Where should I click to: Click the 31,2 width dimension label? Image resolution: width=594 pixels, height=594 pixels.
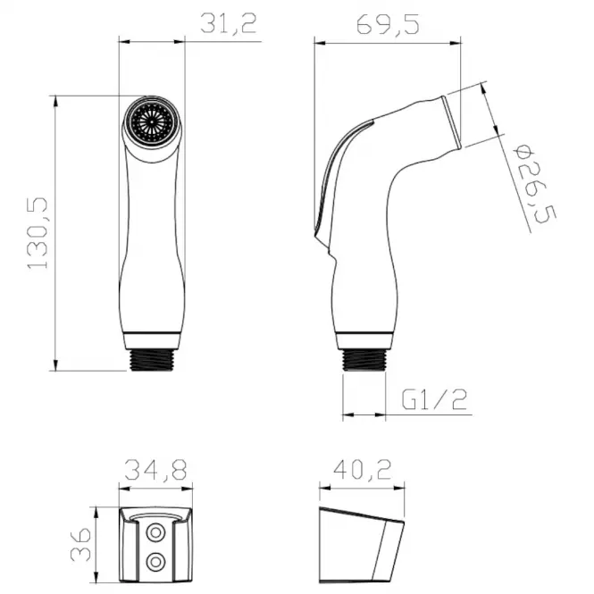click(229, 23)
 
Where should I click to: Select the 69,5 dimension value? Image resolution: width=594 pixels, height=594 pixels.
click(388, 25)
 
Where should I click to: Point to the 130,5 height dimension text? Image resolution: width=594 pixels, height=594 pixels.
click(38, 233)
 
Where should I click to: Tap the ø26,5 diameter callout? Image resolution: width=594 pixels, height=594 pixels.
click(534, 184)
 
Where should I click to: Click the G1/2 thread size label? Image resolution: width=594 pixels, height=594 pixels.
click(434, 399)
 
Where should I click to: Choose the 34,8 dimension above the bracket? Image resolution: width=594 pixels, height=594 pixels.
click(155, 470)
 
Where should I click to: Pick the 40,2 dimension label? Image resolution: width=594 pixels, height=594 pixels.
click(362, 469)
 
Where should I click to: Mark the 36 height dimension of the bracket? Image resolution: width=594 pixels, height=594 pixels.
click(80, 544)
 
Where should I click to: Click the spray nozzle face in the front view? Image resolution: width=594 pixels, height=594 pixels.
click(152, 122)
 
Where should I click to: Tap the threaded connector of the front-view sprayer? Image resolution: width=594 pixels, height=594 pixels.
click(152, 359)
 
